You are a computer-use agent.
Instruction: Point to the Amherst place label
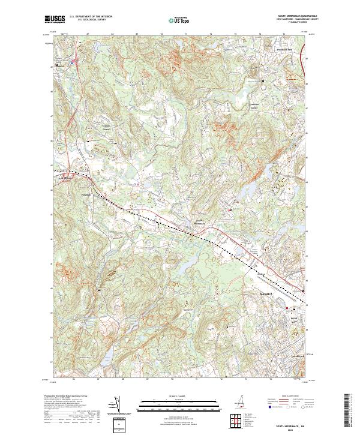click(59, 65)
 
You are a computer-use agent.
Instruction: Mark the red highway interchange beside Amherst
click(74, 61)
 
